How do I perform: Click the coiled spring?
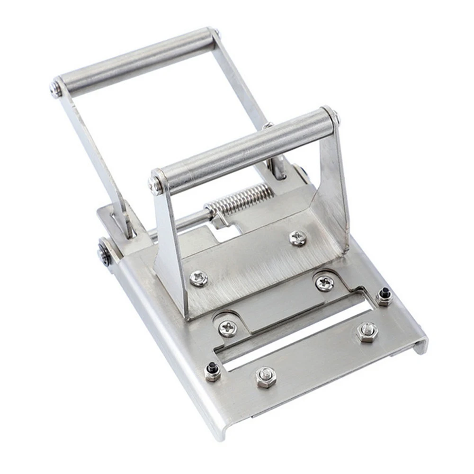click(x=240, y=199)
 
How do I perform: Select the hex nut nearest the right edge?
click(x=367, y=332)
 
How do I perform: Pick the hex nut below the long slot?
click(x=266, y=376)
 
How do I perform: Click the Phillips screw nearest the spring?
click(x=297, y=238)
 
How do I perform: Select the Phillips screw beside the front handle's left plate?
click(x=198, y=278)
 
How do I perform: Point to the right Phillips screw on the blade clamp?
click(x=324, y=283)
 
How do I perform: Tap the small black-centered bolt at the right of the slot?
click(x=384, y=296)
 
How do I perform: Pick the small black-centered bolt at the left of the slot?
click(x=212, y=371)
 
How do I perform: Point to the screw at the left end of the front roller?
click(x=156, y=185)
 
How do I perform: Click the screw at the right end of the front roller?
click(x=335, y=117)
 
